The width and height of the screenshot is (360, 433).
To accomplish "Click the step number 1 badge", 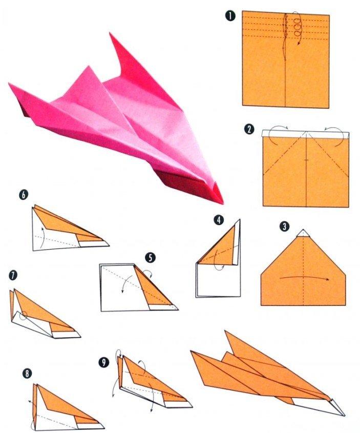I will [231, 16].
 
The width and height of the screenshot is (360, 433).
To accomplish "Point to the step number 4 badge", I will [220, 220].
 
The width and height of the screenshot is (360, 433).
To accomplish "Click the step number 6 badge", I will [24, 195].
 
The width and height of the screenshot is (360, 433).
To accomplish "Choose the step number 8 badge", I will [26, 373].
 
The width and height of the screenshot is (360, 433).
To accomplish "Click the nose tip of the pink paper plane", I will [221, 201].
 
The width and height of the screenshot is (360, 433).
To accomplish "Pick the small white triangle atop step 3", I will [303, 232].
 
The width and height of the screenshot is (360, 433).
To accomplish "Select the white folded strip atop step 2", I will [305, 134].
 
